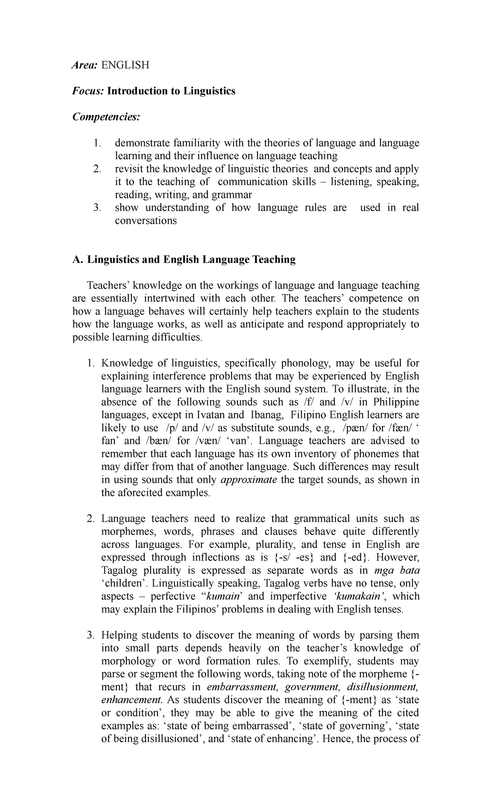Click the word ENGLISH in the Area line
tap(125, 65)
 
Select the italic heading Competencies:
tap(106, 117)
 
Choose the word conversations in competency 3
tap(146, 220)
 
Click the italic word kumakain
tap(358, 596)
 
